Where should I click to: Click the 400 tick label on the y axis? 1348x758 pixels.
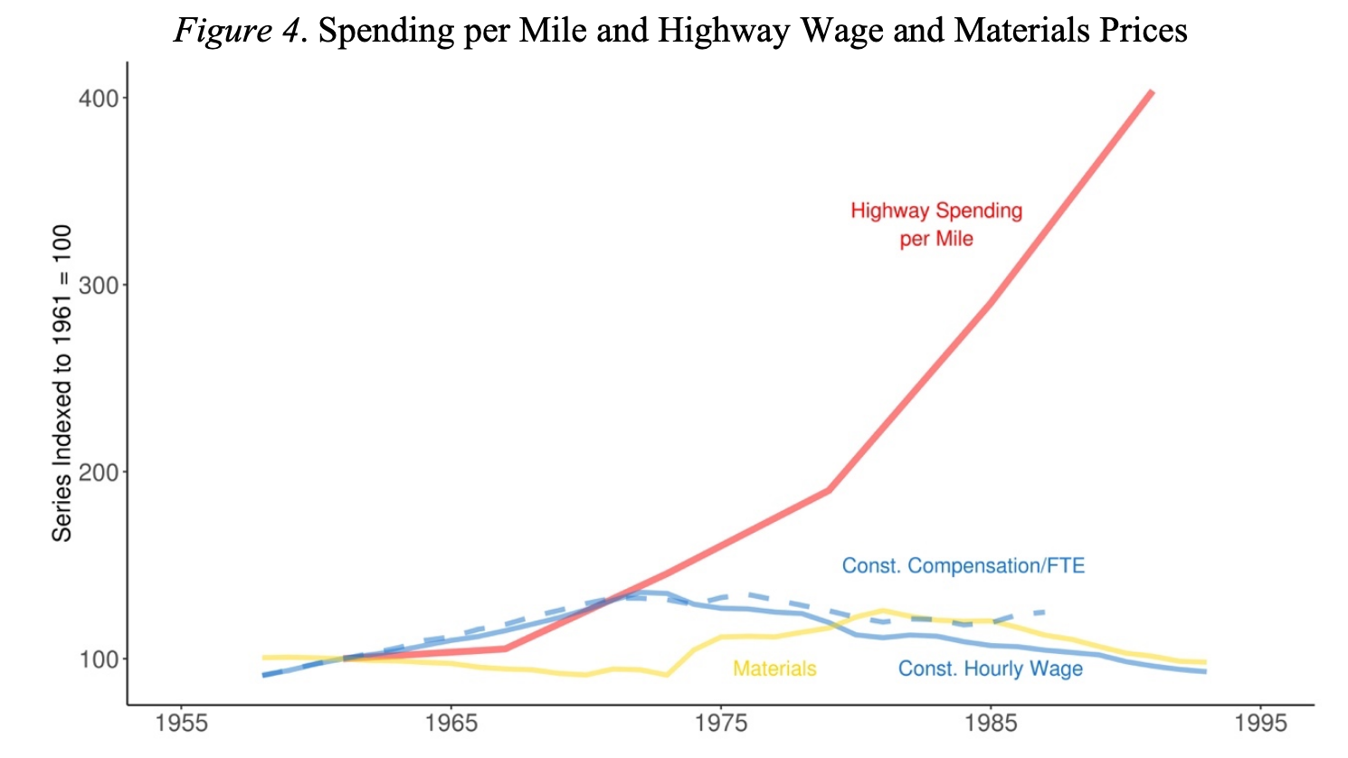pos(99,98)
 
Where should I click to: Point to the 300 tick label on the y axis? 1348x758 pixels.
pos(99,285)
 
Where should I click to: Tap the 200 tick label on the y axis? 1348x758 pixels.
pos(99,472)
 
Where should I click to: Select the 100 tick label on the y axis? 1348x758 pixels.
pos(99,659)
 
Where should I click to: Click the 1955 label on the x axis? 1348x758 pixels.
pos(181,724)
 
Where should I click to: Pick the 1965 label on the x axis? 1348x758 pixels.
pos(451,724)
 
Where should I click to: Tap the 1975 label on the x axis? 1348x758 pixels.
pos(721,724)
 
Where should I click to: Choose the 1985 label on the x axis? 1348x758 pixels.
pos(991,724)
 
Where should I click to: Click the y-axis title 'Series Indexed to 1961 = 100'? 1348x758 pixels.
pos(62,384)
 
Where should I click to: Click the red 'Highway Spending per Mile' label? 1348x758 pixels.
pos(936,224)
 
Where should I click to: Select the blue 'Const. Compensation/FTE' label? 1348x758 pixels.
pos(963,566)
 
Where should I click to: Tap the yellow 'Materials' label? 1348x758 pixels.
pos(774,668)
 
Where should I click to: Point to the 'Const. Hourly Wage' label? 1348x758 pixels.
pos(990,668)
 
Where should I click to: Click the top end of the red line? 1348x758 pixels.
pos(1151,91)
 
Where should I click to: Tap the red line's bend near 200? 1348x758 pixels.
pos(829,490)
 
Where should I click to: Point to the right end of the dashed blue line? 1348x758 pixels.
pos(1045,612)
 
